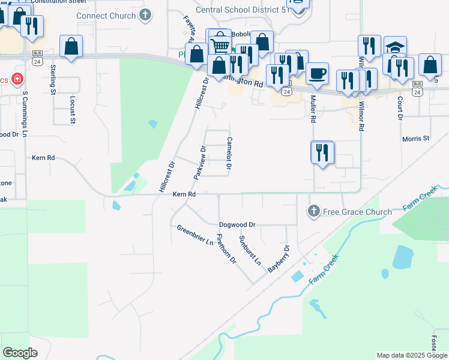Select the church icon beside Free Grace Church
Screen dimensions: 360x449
coord(313,211)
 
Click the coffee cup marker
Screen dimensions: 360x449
coord(317,74)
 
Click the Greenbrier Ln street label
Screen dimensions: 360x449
coord(195,235)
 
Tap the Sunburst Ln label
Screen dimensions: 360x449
coord(250,251)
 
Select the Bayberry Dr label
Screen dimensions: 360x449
coord(279,259)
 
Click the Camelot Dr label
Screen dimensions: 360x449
coord(229,154)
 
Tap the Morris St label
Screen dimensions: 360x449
coord(416,139)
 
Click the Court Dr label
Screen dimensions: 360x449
coord(400,107)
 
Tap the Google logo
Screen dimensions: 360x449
coord(20,352)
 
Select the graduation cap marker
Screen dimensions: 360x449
coord(395,47)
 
